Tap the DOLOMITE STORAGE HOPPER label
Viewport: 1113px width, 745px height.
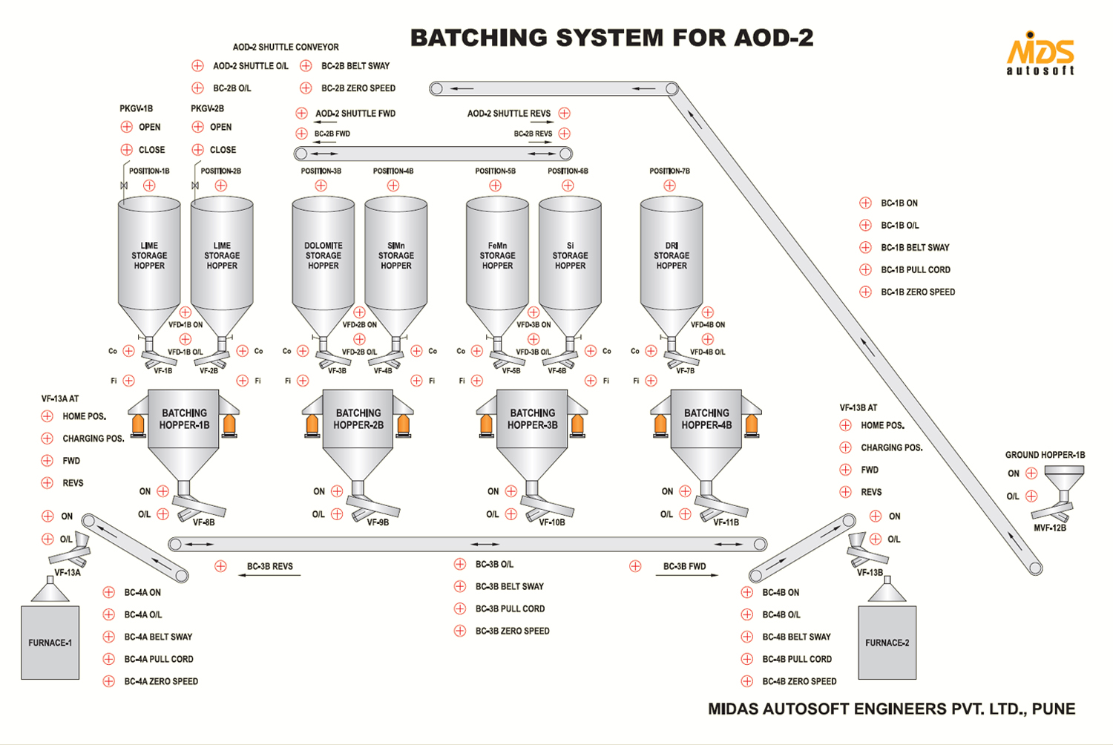tap(324, 255)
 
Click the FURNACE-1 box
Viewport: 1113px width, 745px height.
tap(50, 643)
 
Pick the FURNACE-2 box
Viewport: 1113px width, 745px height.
tap(887, 643)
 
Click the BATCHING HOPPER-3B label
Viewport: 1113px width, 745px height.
tap(532, 419)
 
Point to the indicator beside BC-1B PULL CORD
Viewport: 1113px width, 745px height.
tap(865, 269)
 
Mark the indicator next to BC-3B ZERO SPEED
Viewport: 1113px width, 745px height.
tap(460, 631)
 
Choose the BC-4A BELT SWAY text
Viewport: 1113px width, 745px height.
tap(158, 637)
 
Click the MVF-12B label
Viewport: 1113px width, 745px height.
tap(1050, 528)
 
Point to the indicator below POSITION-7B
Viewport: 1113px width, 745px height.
tap(670, 186)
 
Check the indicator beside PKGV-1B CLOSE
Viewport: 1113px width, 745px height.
tap(126, 149)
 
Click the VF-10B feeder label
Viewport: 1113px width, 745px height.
tap(552, 522)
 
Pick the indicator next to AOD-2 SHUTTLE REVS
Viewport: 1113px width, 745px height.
tap(565, 114)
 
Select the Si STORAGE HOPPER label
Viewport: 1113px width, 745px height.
tap(570, 255)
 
